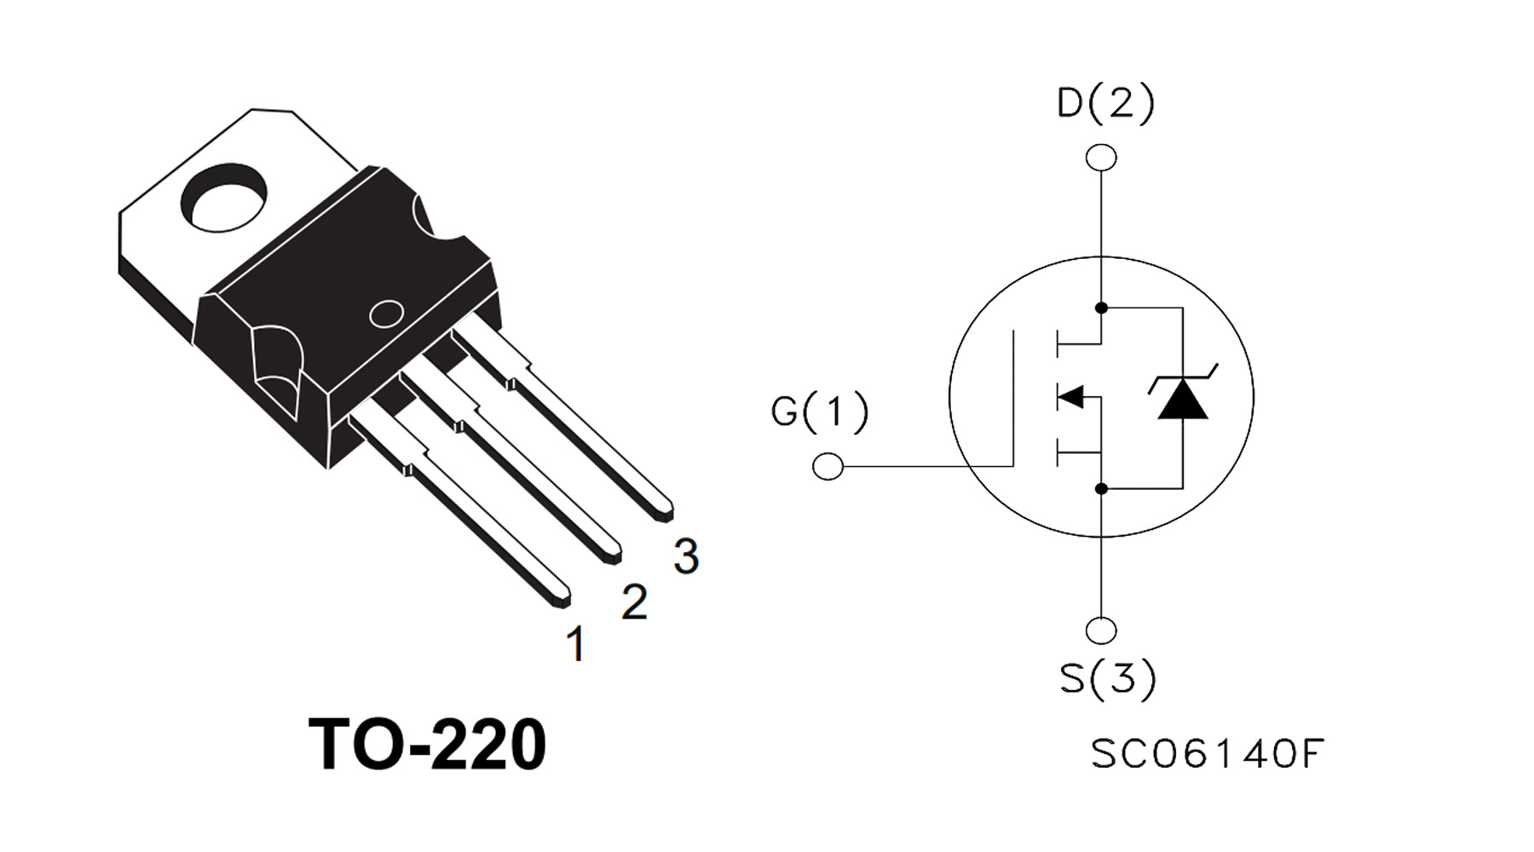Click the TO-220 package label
point(427,745)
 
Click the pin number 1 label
point(576,644)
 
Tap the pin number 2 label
point(634,602)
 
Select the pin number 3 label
point(686,556)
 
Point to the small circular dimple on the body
point(386,314)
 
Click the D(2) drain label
point(1105,103)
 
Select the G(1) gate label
point(819,412)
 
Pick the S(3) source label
point(1107,679)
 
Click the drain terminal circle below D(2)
point(1101,158)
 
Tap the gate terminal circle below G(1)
point(828,467)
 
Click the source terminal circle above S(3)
point(1101,631)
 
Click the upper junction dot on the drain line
point(1101,308)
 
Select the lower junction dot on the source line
point(1101,489)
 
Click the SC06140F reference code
point(1207,754)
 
